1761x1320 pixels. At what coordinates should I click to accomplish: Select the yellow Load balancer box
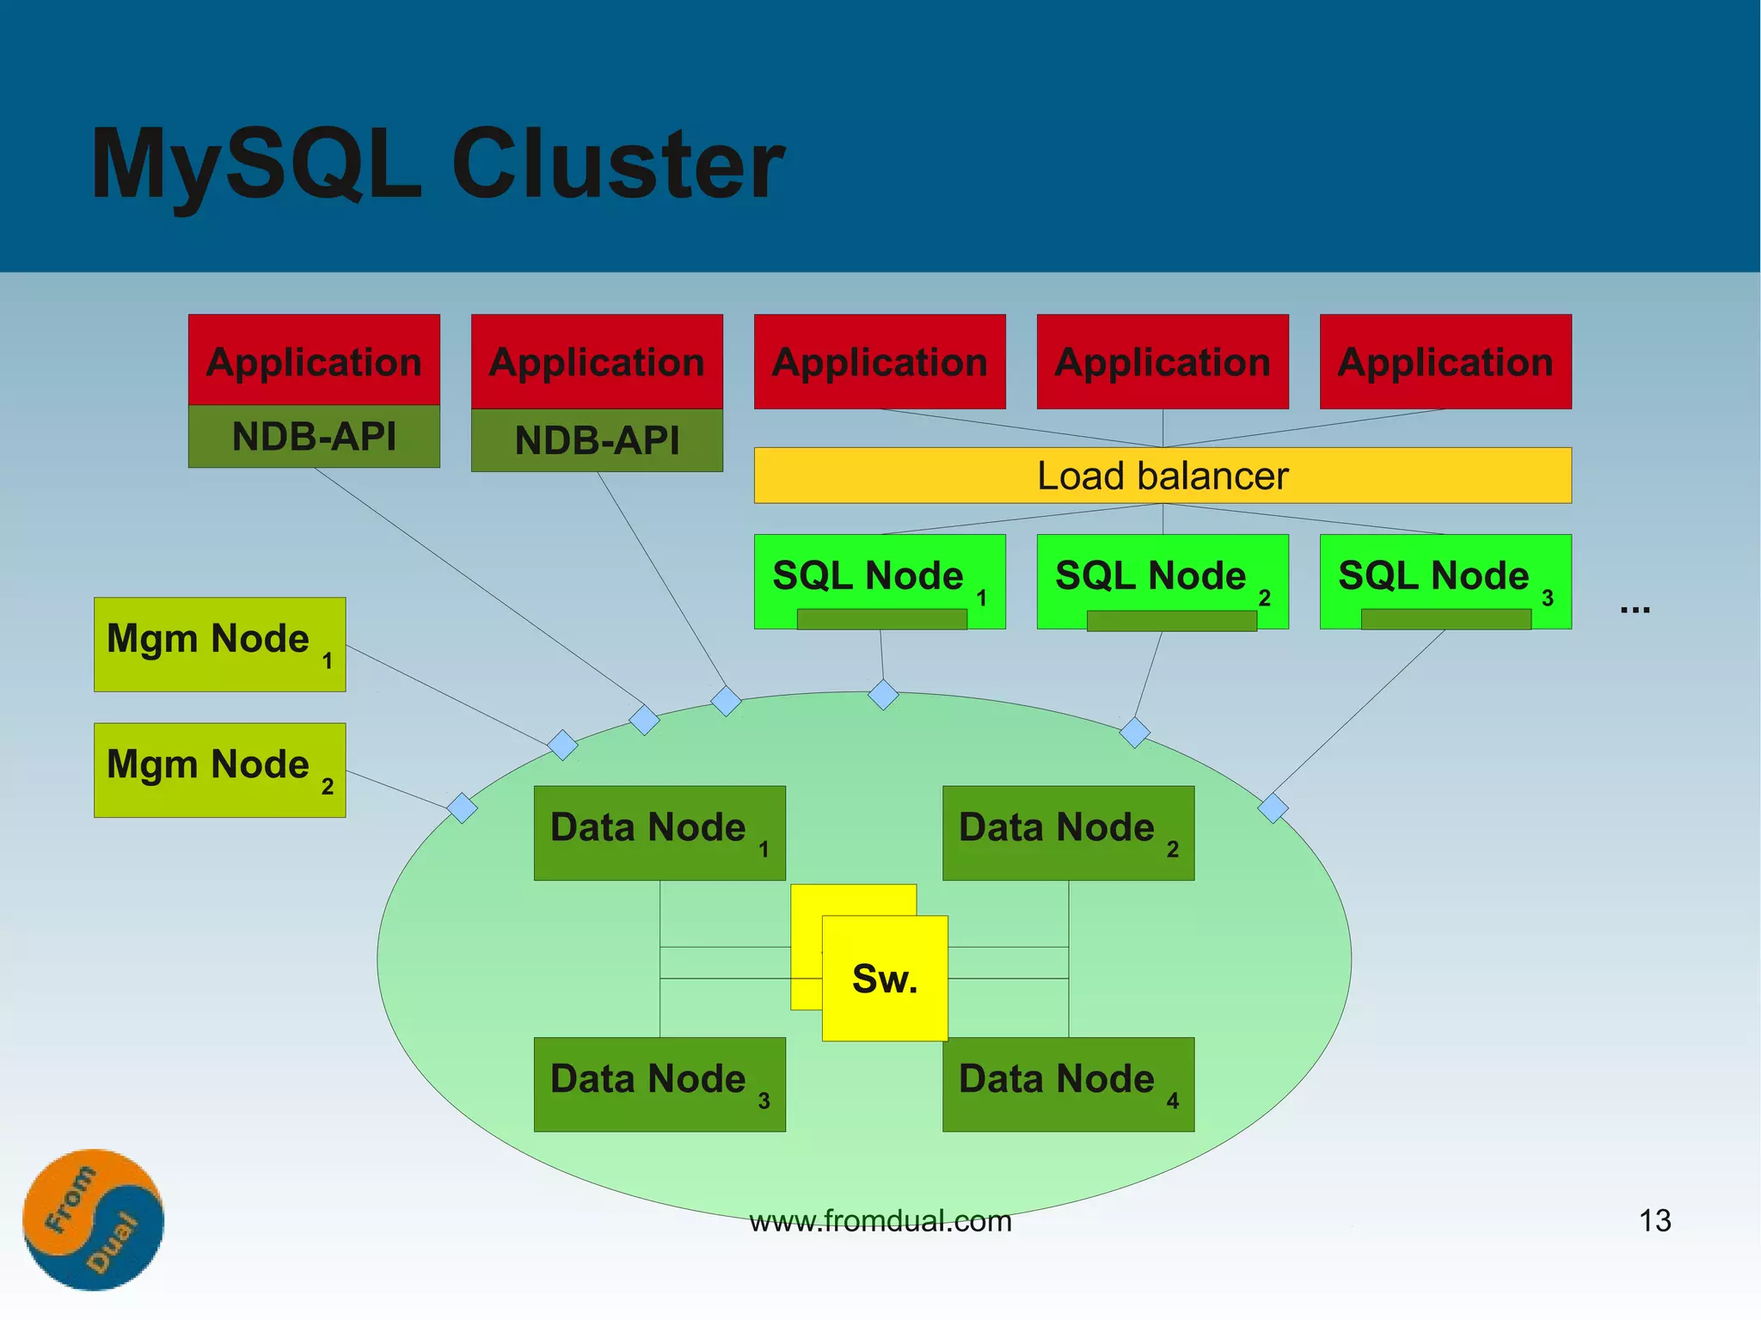(x=1162, y=476)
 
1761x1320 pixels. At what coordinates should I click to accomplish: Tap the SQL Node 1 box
(x=879, y=580)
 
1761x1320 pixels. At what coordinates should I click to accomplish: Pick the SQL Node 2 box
(x=1162, y=580)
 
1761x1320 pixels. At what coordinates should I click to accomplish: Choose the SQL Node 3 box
(x=1445, y=580)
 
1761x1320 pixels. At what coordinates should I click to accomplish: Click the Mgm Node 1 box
(x=219, y=644)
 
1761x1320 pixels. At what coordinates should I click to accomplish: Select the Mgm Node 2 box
(x=219, y=770)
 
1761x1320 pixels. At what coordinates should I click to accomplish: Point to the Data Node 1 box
(x=659, y=832)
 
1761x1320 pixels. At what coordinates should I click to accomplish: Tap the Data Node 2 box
(x=1068, y=832)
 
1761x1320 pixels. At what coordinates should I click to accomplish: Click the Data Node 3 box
(x=659, y=1084)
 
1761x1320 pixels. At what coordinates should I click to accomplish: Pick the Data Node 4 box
(x=1068, y=1084)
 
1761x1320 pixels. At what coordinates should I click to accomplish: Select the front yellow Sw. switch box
(x=885, y=979)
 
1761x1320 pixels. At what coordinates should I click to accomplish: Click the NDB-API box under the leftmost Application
(x=314, y=437)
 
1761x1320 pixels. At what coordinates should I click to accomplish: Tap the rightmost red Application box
(x=1445, y=361)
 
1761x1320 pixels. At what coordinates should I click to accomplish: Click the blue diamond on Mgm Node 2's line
(x=463, y=808)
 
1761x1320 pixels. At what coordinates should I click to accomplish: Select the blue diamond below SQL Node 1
(x=883, y=694)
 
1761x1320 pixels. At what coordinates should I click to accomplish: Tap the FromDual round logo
(x=93, y=1219)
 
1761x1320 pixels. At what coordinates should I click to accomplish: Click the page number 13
(x=1654, y=1220)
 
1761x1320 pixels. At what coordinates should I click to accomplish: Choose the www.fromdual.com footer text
(x=880, y=1221)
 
